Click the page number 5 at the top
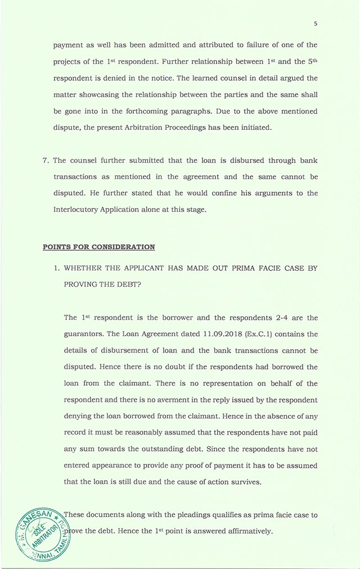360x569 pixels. (316, 24)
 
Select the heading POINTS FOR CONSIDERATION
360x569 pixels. (98, 247)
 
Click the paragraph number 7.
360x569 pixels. (46, 160)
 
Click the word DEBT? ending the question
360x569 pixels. (127, 284)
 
